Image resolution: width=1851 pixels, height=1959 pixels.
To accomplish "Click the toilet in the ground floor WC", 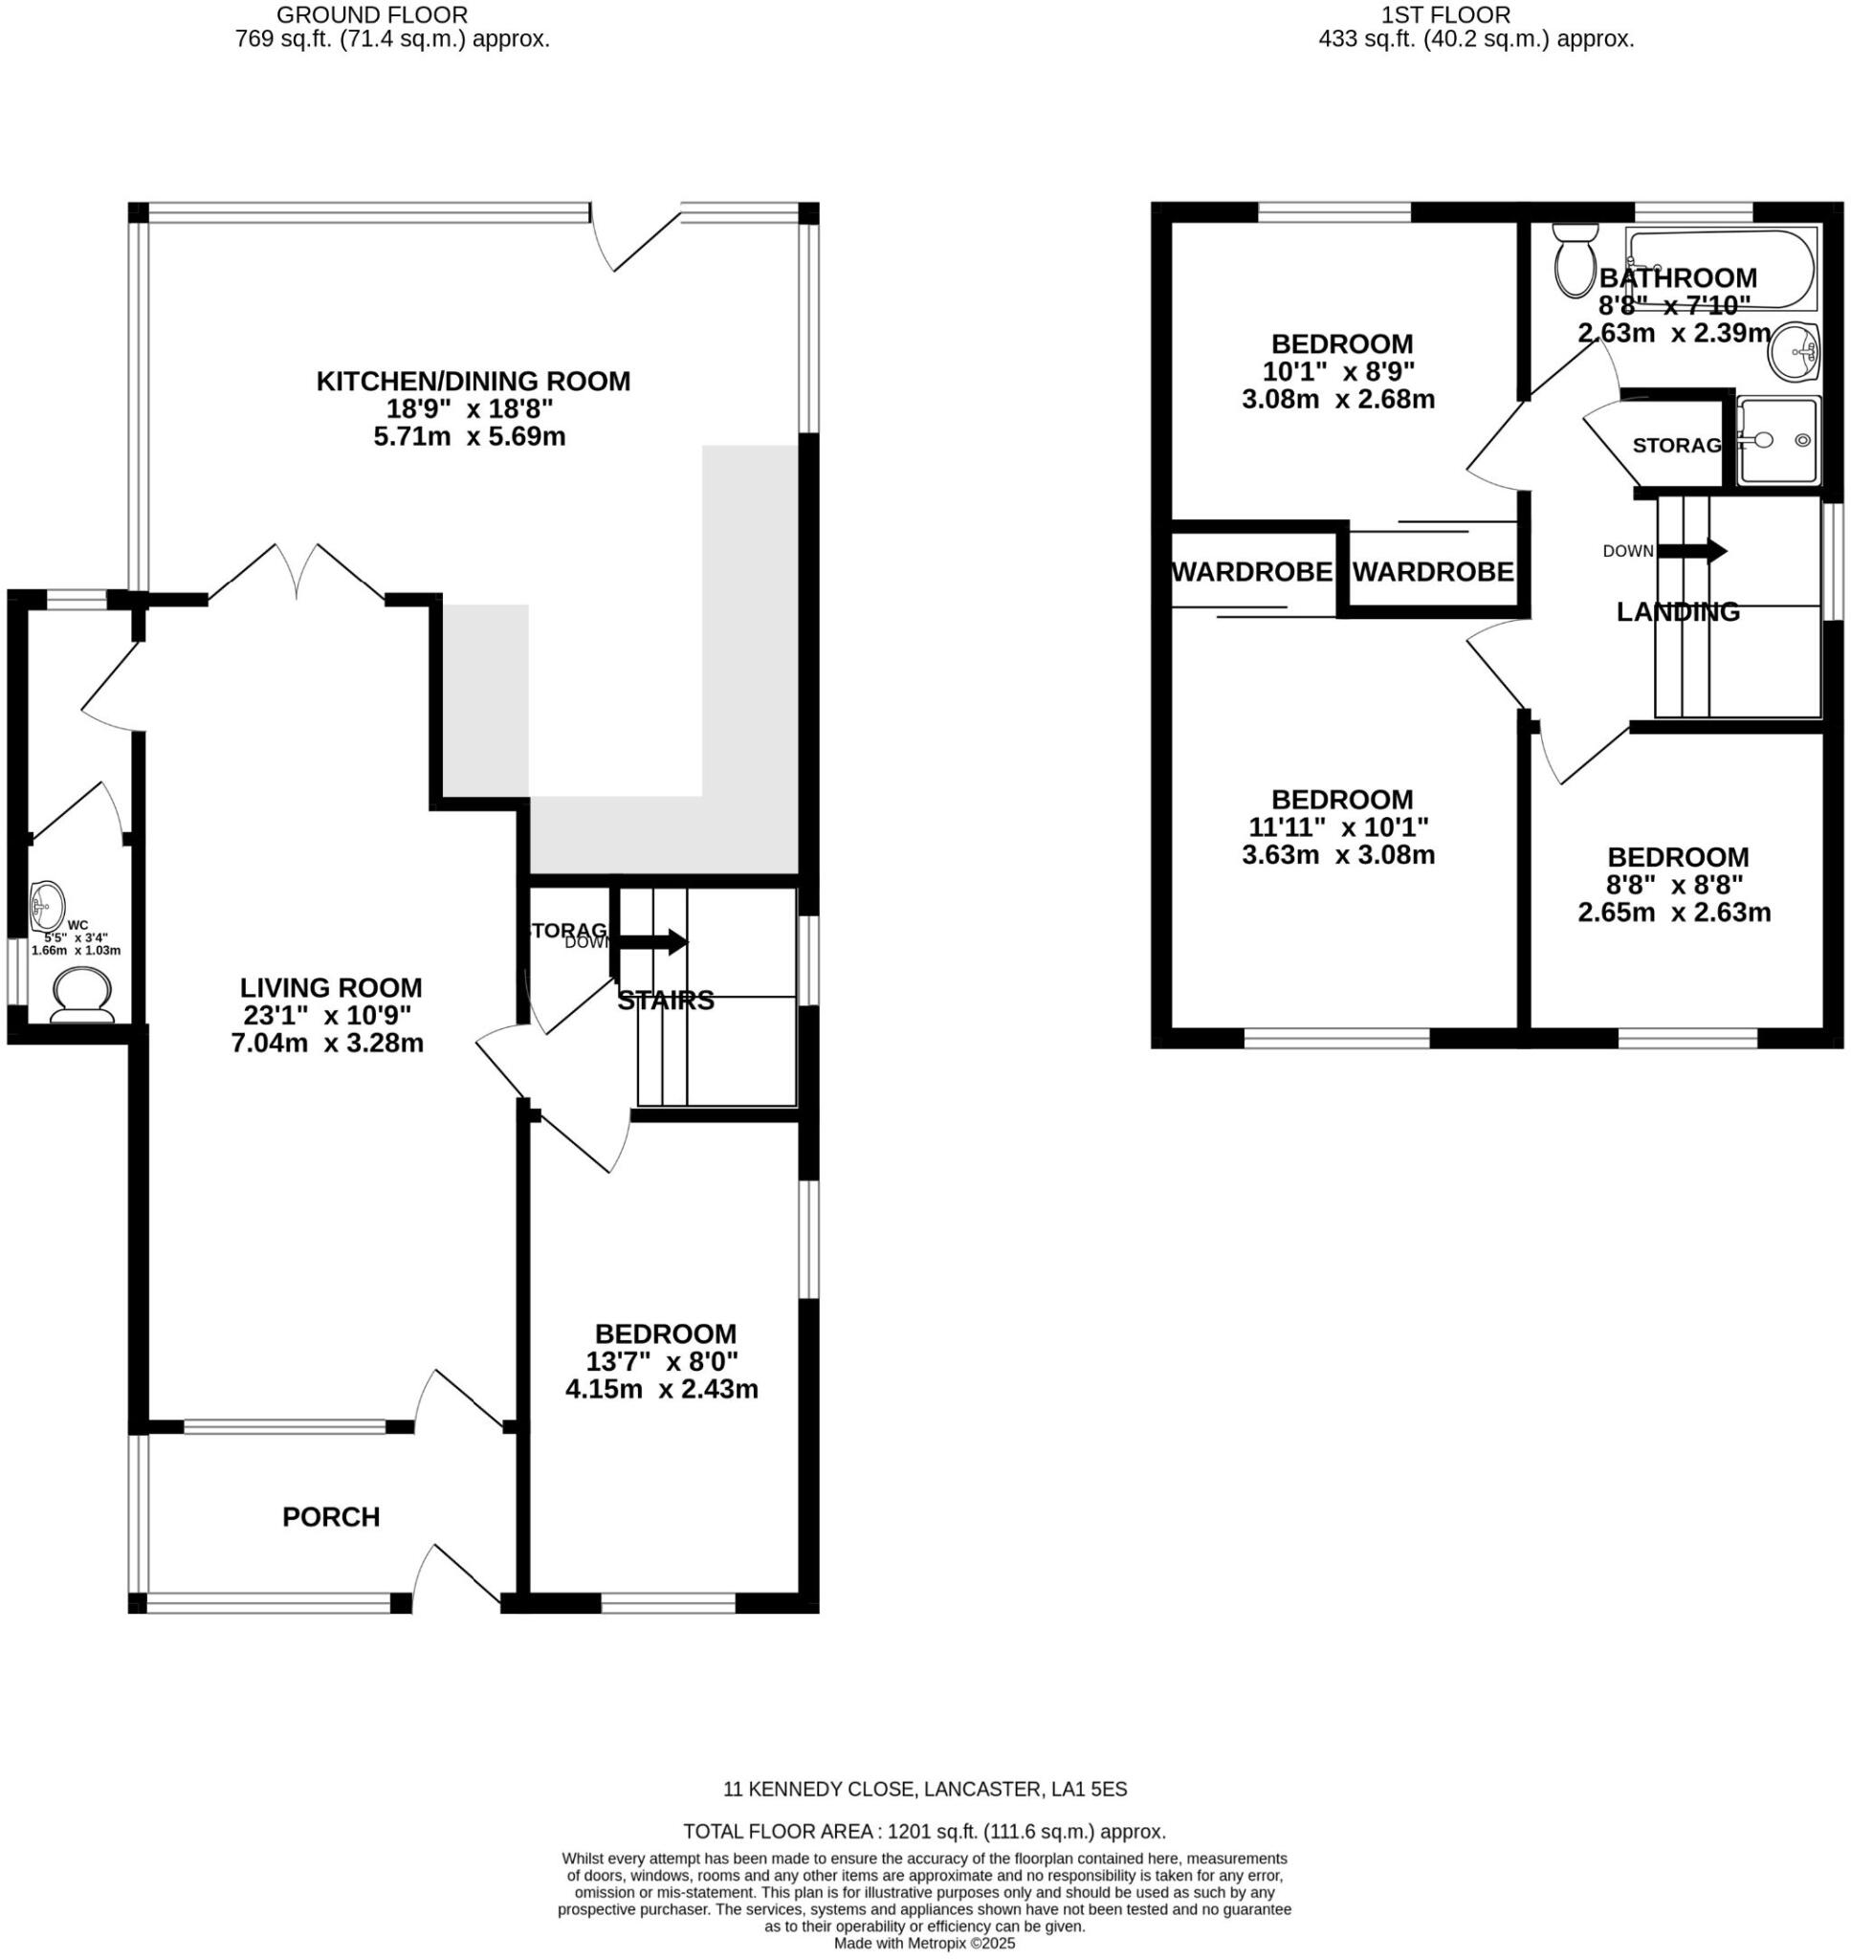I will click(81, 995).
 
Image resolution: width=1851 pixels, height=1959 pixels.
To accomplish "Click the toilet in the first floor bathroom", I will click(1574, 260).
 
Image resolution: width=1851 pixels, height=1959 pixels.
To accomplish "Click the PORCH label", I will click(331, 1516).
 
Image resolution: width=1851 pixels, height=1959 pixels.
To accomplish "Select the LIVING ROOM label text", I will click(331, 987).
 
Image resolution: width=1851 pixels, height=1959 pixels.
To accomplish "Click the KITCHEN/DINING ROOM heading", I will click(473, 381).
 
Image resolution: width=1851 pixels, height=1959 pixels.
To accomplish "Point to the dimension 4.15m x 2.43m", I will click(661, 1389).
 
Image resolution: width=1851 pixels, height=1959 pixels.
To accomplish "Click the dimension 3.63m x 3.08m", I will click(1338, 854).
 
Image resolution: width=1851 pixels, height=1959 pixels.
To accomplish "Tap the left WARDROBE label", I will click(1251, 572).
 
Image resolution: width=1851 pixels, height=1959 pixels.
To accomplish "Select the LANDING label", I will click(1677, 611).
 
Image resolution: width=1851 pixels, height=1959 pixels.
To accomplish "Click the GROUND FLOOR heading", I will click(372, 14).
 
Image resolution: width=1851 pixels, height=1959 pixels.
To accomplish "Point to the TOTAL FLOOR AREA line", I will click(924, 1832).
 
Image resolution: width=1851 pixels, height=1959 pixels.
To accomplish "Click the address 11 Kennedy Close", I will click(924, 1789).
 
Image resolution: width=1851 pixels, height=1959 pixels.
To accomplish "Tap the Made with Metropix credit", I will click(924, 1944).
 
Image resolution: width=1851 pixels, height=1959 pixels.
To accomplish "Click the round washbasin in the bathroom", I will click(1793, 351).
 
